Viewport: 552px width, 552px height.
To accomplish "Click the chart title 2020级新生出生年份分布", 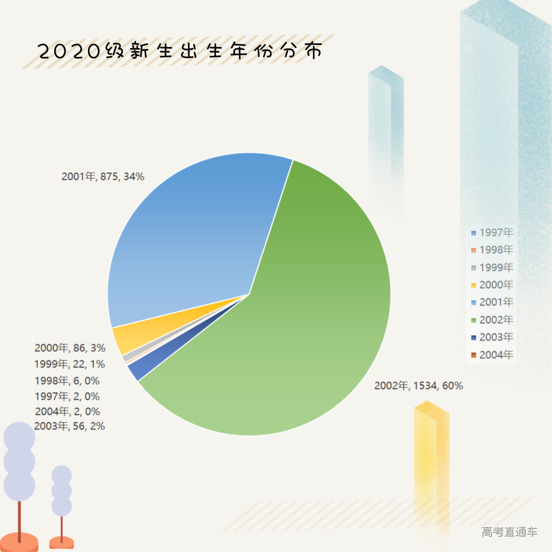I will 180,52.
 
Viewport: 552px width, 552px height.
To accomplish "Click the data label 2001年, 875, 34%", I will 103,177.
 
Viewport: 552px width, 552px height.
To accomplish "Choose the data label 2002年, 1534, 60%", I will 419,386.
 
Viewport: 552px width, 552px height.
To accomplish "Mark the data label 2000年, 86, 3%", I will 70,349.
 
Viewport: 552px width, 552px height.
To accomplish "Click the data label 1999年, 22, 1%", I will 70,364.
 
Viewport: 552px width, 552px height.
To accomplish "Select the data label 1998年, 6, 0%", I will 67,381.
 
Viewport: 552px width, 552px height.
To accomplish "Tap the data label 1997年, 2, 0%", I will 67,396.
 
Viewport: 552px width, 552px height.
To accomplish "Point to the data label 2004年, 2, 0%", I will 67,411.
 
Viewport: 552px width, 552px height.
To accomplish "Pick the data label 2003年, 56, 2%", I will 70,426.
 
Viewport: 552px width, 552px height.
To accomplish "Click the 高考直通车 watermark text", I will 510,532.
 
